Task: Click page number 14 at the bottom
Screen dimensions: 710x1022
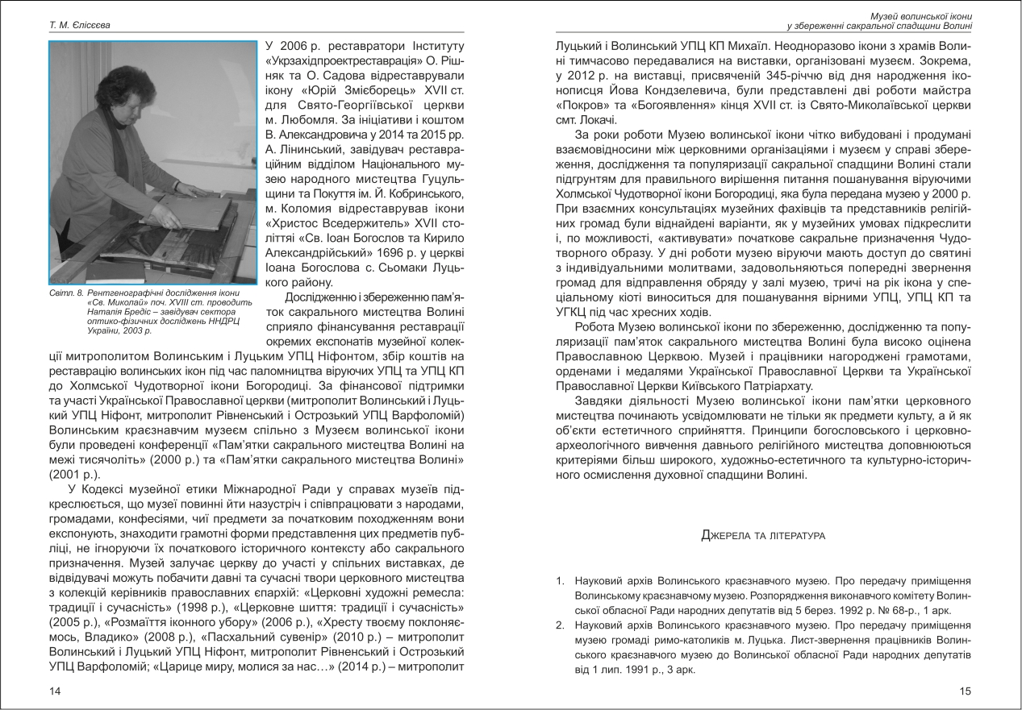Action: (x=54, y=691)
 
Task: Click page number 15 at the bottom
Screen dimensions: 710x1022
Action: (x=966, y=691)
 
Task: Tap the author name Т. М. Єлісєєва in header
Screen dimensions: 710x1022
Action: (x=80, y=25)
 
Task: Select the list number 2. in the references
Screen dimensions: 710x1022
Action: (x=559, y=625)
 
